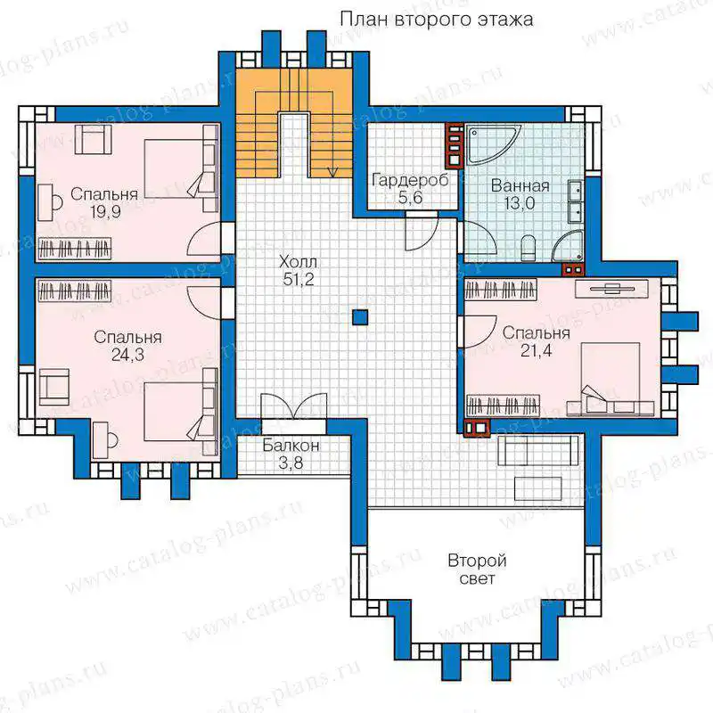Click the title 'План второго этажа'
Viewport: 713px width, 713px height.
(x=437, y=20)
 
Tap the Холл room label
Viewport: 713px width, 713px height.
(x=298, y=262)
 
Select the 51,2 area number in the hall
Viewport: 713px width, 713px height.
(x=299, y=279)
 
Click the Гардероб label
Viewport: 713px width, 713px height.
(x=410, y=180)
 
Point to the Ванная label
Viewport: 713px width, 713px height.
(x=520, y=186)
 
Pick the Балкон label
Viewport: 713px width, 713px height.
(x=291, y=446)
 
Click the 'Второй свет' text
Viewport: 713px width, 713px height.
(x=477, y=570)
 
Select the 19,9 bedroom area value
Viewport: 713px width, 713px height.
(x=105, y=212)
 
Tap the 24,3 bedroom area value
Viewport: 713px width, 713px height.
(x=127, y=355)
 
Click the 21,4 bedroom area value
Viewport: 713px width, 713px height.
(x=537, y=350)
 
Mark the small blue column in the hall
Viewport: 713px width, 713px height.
(x=360, y=317)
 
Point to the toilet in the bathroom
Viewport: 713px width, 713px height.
(x=528, y=249)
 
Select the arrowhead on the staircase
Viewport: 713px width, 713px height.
(x=332, y=173)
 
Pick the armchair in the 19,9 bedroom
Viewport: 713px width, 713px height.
(x=93, y=140)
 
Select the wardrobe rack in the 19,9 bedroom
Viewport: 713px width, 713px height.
(x=74, y=249)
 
